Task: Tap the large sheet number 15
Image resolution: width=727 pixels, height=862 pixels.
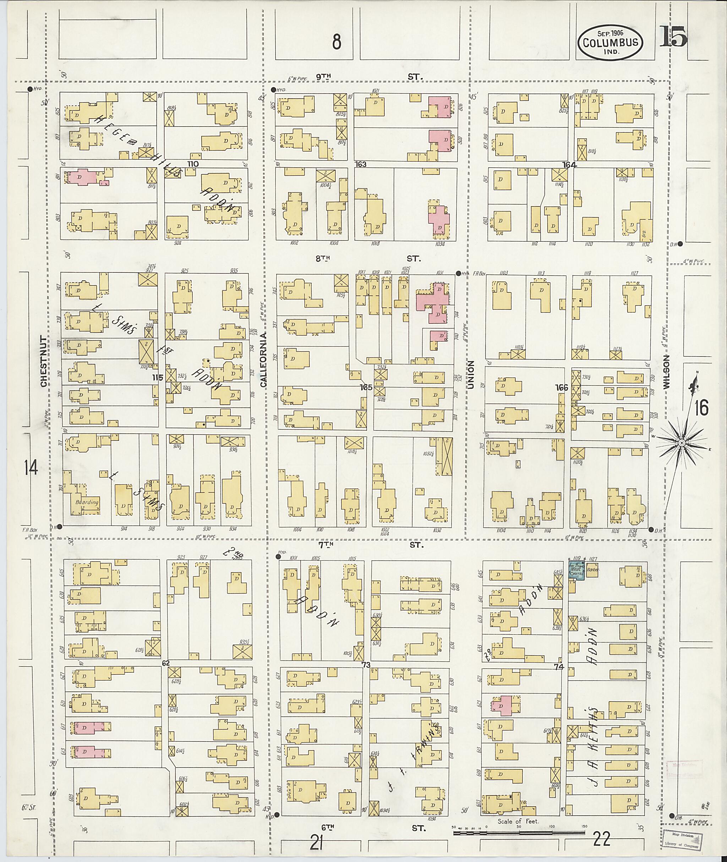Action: [x=673, y=37]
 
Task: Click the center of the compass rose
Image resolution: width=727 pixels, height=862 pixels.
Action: [x=681, y=443]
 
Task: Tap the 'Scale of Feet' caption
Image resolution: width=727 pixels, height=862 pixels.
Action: [x=518, y=821]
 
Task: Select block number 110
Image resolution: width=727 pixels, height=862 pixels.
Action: [x=193, y=164]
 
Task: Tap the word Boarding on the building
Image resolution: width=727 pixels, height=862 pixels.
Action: [x=87, y=502]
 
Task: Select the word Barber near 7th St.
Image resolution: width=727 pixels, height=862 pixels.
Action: [x=592, y=570]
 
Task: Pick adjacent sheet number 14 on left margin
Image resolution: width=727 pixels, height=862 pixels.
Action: [x=31, y=468]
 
